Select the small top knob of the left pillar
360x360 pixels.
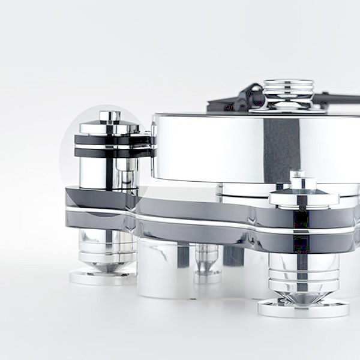(110, 116)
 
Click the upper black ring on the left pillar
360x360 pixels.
(108, 140)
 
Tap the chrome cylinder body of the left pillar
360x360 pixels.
(99, 174)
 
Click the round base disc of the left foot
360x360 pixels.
(102, 277)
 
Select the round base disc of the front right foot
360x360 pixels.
(303, 308)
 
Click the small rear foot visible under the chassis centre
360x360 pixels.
(207, 264)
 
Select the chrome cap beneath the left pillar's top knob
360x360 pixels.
(109, 128)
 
